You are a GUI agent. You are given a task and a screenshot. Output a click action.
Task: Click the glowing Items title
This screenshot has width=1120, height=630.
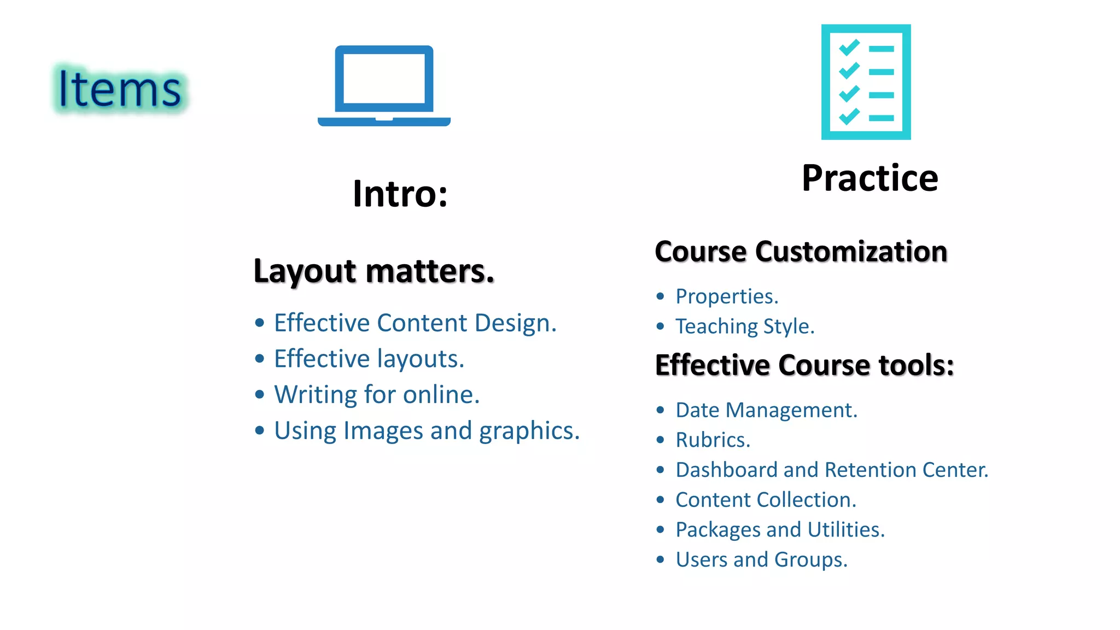[x=120, y=89]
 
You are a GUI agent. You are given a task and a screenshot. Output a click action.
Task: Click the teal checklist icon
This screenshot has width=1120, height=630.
[x=866, y=82]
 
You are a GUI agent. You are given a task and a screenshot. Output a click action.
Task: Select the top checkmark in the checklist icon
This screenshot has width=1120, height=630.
[x=849, y=48]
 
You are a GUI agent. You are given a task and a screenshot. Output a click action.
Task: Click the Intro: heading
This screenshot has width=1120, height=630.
[x=400, y=194]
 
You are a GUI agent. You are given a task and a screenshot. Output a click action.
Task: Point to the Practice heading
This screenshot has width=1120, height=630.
[x=870, y=178]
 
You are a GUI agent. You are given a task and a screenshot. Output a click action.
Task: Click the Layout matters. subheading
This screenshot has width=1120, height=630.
[x=374, y=271]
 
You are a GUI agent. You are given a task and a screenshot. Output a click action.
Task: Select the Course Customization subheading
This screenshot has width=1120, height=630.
[x=801, y=252]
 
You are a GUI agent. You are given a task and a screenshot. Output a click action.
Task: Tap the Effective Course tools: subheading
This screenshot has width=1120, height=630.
[x=804, y=365]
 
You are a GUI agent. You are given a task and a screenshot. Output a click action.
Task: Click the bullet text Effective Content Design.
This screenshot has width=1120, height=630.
[x=415, y=323]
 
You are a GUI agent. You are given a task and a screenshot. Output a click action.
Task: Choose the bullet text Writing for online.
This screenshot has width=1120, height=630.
[x=376, y=395]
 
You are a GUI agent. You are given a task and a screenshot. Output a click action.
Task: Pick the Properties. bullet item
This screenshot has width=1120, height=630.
[x=726, y=296]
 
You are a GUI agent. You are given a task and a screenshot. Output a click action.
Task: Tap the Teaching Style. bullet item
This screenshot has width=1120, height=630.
[x=744, y=326]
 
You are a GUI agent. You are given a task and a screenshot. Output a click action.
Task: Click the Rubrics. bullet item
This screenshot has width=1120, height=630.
[x=713, y=440]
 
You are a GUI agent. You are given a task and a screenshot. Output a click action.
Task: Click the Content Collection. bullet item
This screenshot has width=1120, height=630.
[x=765, y=500]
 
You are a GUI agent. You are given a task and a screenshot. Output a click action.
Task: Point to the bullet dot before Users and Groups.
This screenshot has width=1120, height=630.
[x=660, y=559]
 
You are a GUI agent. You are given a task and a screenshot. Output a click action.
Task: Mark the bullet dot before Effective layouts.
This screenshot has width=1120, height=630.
[x=260, y=359]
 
